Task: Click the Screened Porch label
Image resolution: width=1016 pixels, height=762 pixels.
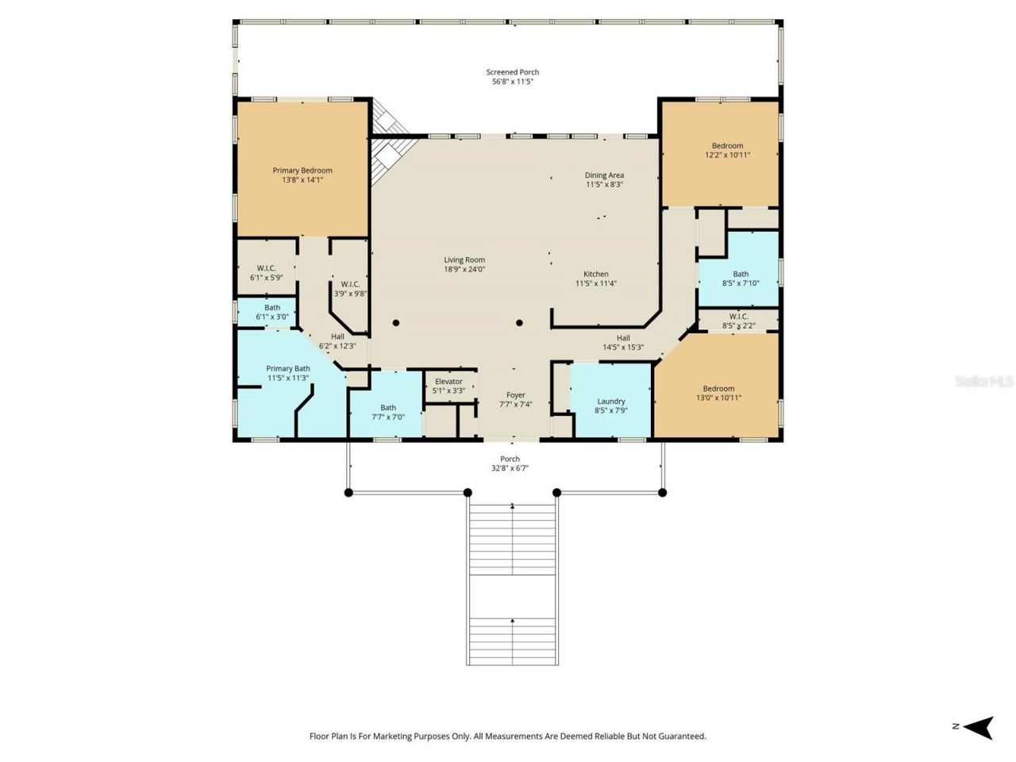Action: coord(513,72)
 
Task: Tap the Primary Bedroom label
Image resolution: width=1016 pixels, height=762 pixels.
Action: coord(302,171)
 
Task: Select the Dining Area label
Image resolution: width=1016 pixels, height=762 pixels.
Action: coord(605,175)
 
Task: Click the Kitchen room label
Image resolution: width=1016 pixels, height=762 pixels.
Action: coord(596,275)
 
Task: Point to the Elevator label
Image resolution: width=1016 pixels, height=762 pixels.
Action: coord(448,382)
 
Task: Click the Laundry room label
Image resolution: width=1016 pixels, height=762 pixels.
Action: coord(611,402)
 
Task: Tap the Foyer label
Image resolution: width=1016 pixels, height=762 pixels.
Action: coord(516,395)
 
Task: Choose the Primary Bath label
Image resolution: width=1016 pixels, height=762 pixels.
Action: coord(288,369)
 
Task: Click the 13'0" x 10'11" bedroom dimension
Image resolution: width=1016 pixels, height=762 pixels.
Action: coord(718,398)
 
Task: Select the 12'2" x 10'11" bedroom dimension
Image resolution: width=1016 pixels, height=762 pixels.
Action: coord(727,156)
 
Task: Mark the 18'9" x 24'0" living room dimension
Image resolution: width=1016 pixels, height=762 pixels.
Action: coord(464,270)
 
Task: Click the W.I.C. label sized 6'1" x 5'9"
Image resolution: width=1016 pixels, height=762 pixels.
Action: coord(266,268)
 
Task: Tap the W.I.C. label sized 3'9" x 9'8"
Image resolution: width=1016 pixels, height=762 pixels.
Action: coord(350,284)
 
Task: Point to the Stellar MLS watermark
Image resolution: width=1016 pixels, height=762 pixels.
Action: coord(984,382)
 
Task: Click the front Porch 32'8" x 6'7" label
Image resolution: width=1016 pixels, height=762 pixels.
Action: coord(510,459)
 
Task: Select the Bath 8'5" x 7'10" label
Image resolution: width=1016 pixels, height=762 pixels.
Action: coord(741,275)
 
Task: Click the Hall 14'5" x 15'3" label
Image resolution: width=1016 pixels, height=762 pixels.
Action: coord(623,338)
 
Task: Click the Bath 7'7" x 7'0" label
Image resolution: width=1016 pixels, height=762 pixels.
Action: coord(387,408)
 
